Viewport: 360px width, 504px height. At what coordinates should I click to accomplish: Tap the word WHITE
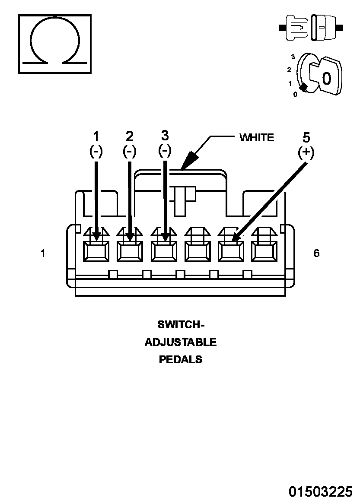coord(257,138)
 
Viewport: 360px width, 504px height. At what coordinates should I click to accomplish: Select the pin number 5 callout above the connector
coord(306,138)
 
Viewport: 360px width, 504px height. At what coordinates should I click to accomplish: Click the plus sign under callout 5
coord(306,152)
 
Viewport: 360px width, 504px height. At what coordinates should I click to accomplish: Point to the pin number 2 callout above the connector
coord(129,136)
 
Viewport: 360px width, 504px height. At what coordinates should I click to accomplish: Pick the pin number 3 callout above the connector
coord(165,136)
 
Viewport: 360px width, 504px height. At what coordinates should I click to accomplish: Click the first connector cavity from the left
coord(96,251)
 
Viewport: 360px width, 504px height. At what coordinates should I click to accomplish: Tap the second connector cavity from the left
coord(130,251)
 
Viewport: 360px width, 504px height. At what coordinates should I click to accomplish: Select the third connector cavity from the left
coord(164,251)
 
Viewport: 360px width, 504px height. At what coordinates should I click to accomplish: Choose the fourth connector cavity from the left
coord(197,251)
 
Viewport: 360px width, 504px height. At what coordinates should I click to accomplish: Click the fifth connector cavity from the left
coord(231,251)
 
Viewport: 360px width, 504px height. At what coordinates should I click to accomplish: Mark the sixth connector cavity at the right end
coord(264,251)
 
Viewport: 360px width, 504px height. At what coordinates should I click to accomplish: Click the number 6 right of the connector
coord(317,253)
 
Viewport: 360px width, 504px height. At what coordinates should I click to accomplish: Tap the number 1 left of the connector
coord(43,253)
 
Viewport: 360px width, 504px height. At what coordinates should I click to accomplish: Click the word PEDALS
coord(181,359)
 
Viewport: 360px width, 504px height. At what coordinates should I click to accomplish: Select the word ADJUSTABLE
coord(181,342)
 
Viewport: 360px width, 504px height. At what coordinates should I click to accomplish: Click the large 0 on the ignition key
coord(327,79)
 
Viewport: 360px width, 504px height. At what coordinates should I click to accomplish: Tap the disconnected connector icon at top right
coord(311,28)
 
